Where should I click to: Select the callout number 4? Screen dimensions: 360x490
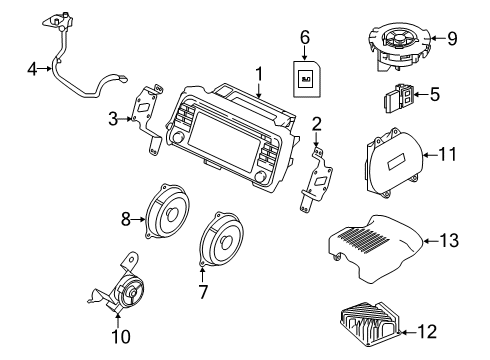coord(32,69)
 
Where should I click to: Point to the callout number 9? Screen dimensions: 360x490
coord(452,39)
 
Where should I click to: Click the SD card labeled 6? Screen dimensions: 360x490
coord(306,77)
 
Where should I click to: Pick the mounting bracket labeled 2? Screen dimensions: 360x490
coord(319,185)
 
